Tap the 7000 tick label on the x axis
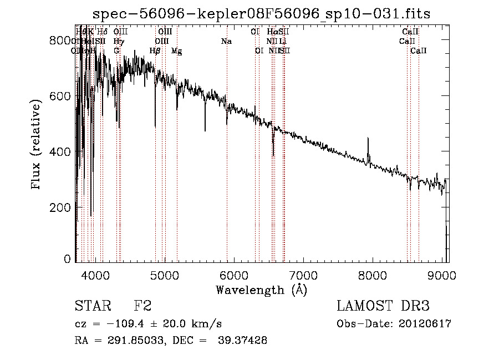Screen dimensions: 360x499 coord(303,273)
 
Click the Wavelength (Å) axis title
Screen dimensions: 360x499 coord(261,290)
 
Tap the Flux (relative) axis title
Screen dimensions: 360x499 coord(37,145)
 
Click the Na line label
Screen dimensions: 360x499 coord(226,42)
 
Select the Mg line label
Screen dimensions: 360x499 coord(176,51)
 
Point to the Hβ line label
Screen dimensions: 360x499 coord(155,51)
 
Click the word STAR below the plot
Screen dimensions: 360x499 coord(91,306)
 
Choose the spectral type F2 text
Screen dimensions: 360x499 coord(142,306)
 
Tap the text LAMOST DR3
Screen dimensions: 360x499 coord(383,306)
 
